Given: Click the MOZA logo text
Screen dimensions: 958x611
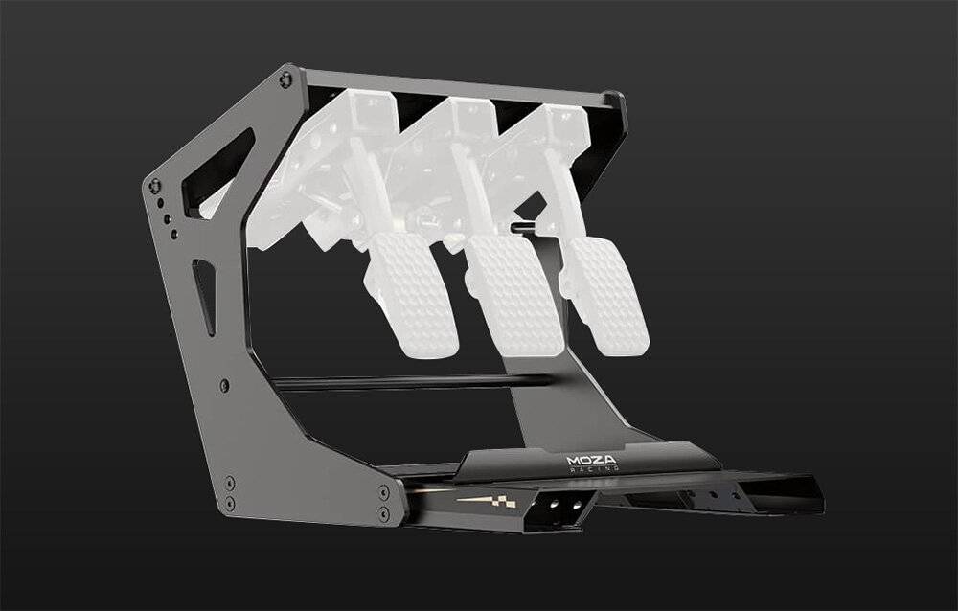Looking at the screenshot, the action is [x=591, y=460].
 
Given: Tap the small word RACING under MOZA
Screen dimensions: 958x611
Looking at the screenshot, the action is [x=594, y=468].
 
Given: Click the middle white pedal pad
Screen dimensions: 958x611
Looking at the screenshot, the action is [x=516, y=295].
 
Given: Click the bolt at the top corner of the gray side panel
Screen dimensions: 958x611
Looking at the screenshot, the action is [x=285, y=79].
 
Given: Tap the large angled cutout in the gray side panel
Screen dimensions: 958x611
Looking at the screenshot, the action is [x=217, y=173].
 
